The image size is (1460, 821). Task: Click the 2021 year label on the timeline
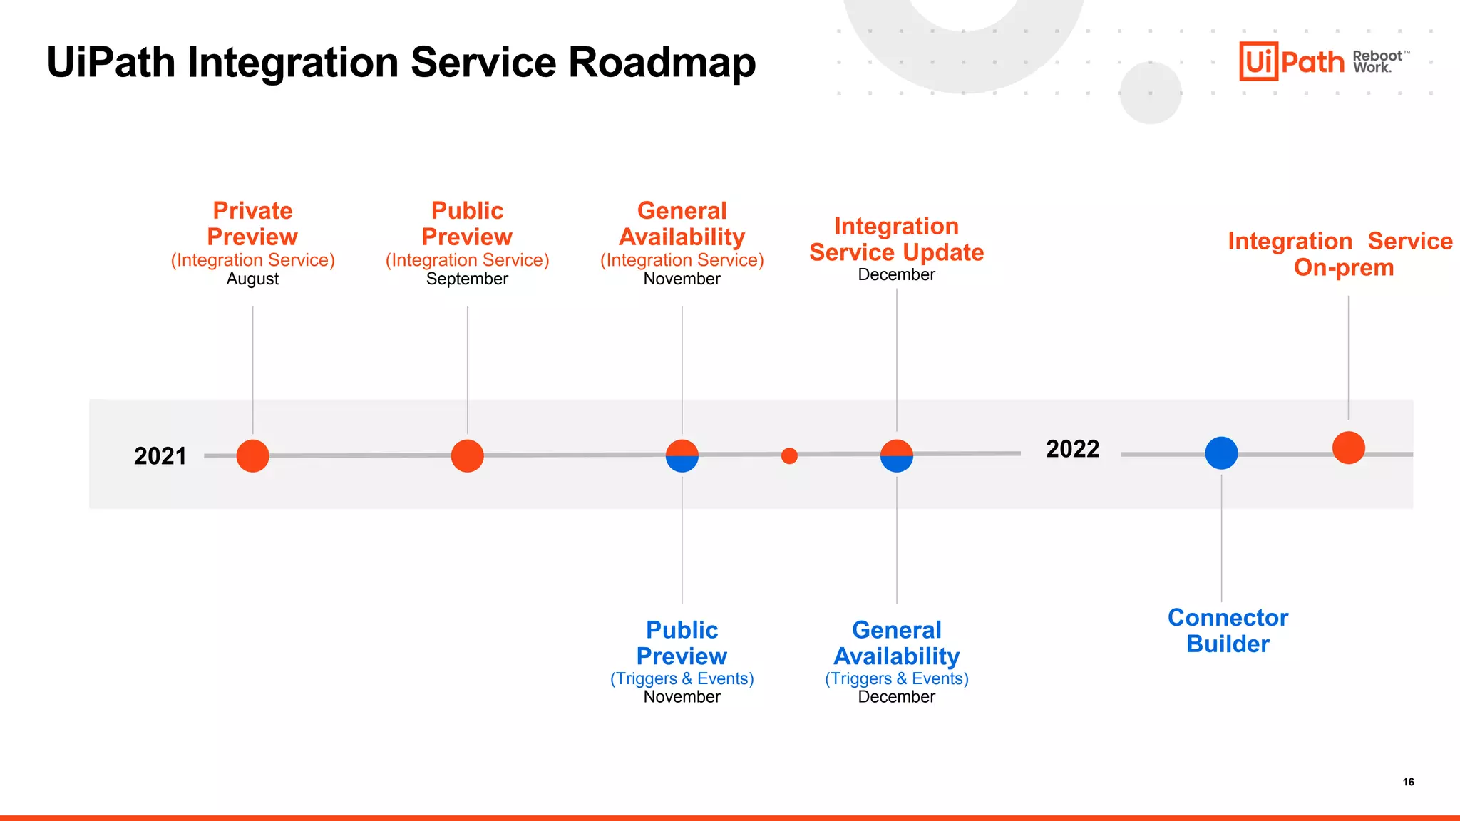click(160, 456)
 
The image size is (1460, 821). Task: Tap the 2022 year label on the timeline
click(1072, 449)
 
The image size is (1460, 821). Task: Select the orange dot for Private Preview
click(252, 456)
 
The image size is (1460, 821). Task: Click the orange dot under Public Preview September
click(467, 456)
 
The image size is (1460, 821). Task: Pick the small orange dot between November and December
click(789, 456)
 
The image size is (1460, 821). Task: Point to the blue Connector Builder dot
click(1221, 453)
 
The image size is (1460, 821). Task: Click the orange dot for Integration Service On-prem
click(1348, 448)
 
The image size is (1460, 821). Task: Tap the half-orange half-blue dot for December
click(896, 456)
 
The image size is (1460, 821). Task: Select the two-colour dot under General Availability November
click(682, 456)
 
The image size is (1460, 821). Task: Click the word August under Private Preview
click(252, 279)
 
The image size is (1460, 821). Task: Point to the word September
click(467, 279)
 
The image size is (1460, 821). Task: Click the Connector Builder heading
click(1228, 631)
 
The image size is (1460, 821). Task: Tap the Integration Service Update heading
click(896, 239)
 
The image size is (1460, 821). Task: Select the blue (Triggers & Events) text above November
click(682, 678)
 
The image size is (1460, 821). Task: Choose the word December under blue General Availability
click(896, 697)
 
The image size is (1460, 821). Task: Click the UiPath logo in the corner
click(1291, 62)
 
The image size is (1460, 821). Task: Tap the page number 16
click(1408, 782)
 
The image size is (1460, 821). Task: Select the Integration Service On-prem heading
click(1340, 254)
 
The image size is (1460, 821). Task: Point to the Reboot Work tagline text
click(1377, 62)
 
